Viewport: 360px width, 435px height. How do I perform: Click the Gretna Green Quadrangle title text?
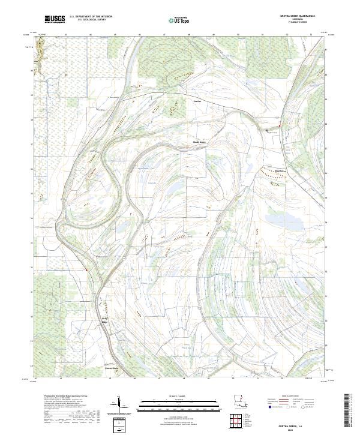(x=304, y=16)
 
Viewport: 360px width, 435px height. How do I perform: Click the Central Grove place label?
(x=112, y=368)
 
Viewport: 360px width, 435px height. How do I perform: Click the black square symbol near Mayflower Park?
(x=268, y=129)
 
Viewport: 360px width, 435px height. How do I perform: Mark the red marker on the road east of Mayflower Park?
(x=280, y=125)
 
